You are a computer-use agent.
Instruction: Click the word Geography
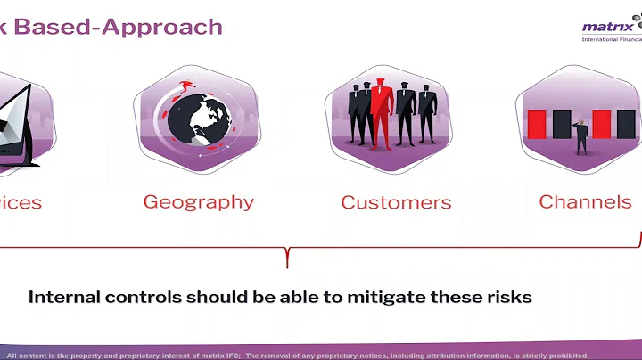[198, 201]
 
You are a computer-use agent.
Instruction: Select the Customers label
[396, 202]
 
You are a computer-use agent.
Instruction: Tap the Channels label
[585, 200]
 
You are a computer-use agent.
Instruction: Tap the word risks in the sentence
[509, 297]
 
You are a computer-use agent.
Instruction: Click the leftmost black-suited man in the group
[358, 116]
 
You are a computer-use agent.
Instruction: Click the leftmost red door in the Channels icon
[537, 124]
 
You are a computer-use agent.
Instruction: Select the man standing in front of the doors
[580, 138]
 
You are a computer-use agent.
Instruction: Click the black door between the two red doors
[562, 124]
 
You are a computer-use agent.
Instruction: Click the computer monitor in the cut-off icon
[16, 116]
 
